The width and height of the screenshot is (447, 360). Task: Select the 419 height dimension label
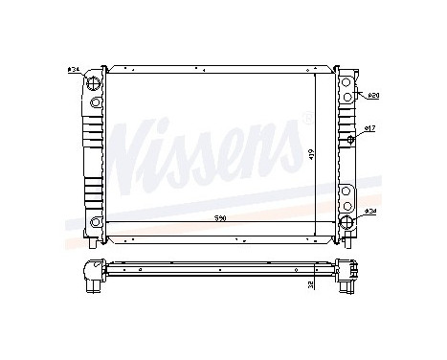pyautogui.click(x=311, y=153)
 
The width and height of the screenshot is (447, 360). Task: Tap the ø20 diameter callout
pyautogui.click(x=374, y=96)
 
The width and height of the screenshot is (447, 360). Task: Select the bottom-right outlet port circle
pyautogui.click(x=346, y=224)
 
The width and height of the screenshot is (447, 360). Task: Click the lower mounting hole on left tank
pyautogui.click(x=95, y=224)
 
